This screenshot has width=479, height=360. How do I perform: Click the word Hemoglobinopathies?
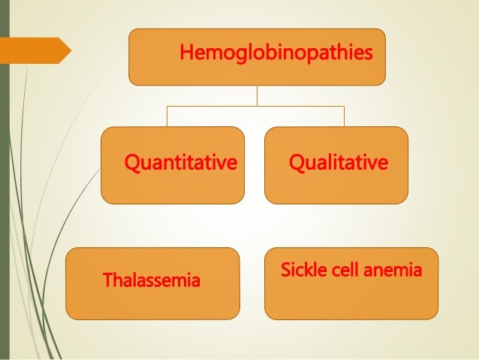point(276,54)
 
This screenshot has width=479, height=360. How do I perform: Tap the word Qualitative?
point(338,162)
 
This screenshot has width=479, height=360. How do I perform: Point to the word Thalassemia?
point(152,282)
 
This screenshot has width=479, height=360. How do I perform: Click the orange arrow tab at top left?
point(38,50)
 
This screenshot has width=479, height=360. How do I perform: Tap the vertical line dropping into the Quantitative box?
point(167,116)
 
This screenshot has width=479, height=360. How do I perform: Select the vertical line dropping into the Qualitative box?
point(344,116)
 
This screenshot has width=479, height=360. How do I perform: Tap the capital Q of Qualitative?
point(294,162)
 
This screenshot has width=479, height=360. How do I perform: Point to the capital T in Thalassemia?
point(107,282)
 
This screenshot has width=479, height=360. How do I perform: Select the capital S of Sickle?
point(285,270)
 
